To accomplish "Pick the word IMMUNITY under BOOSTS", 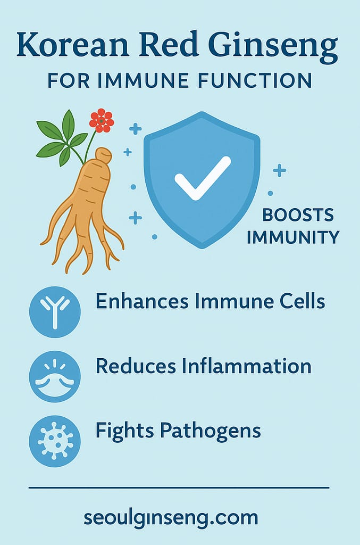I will pyautogui.click(x=293, y=237).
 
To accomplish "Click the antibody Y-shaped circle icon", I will pyautogui.click(x=55, y=312).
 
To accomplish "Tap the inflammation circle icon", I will pyautogui.click(x=55, y=376).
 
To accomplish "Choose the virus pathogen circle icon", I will pyautogui.click(x=55, y=441).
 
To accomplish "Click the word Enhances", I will pyautogui.click(x=141, y=301).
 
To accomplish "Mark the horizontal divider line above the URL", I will pyautogui.click(x=179, y=487).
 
